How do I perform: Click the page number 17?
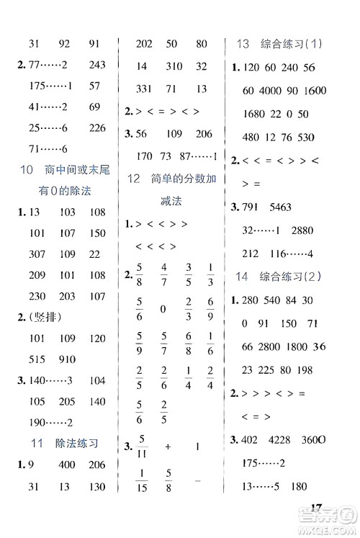(312, 508)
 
